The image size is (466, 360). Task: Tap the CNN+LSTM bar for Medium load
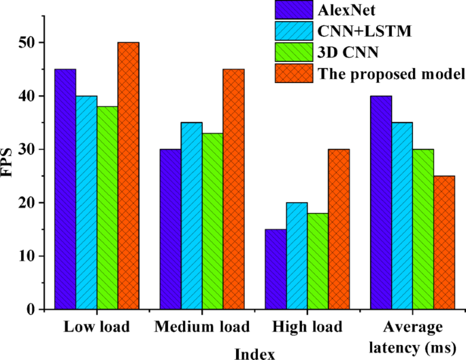191,216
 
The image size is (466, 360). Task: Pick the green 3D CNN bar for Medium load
212,221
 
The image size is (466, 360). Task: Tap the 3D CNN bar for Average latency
422,229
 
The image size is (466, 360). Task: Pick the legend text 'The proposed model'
390,73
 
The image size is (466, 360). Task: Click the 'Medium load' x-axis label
202,327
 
